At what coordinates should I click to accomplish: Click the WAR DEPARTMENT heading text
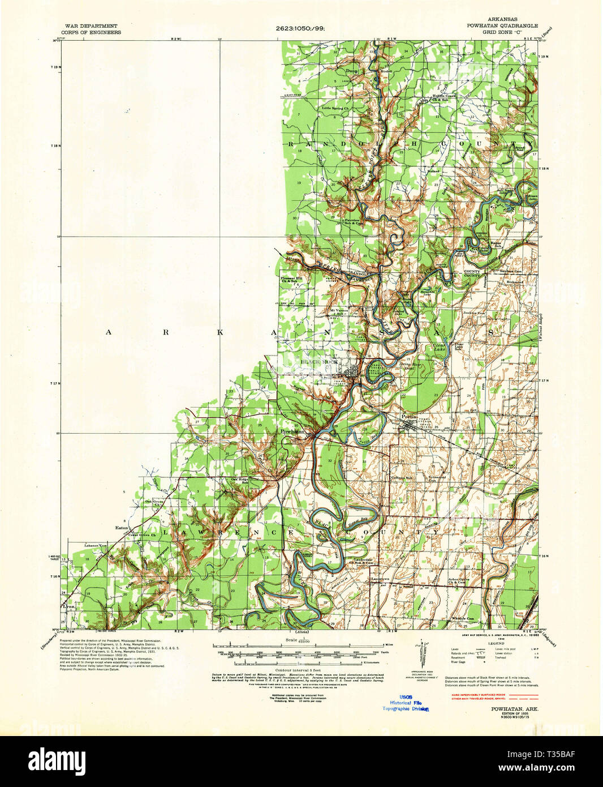click(x=92, y=26)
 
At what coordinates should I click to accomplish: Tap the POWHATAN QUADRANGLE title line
click(x=502, y=26)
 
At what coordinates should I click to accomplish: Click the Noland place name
click(x=434, y=170)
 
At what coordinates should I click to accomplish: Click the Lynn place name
click(x=70, y=606)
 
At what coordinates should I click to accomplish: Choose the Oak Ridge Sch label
click(x=239, y=481)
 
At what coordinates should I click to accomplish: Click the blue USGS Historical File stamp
click(x=405, y=703)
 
